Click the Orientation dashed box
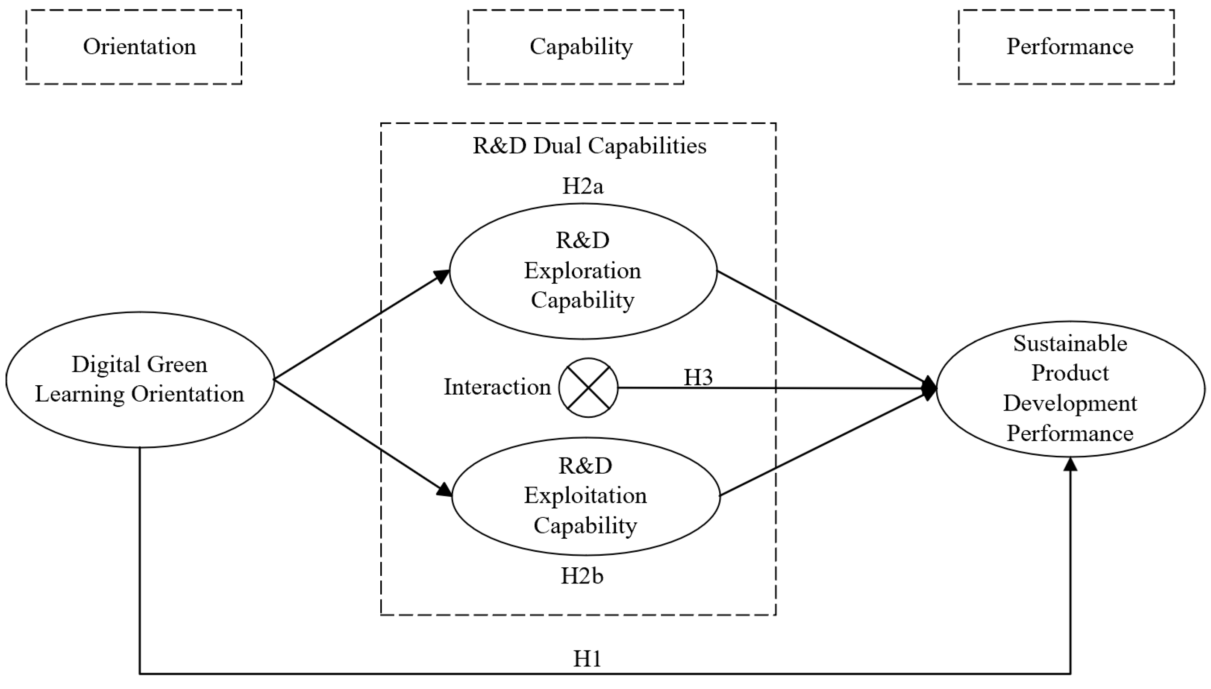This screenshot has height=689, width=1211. pyautogui.click(x=134, y=47)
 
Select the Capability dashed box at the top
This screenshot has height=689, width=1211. pyautogui.click(x=576, y=47)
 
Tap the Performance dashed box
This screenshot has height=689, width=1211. pyautogui.click(x=1066, y=47)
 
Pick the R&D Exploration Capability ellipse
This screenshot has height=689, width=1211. pyautogui.click(x=582, y=271)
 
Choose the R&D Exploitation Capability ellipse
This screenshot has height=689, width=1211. pyautogui.click(x=586, y=496)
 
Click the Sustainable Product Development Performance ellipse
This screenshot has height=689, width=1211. pyautogui.click(x=1070, y=389)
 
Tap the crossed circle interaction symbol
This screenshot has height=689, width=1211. pyautogui.click(x=588, y=387)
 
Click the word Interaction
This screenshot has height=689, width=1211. pyautogui.click(x=497, y=387)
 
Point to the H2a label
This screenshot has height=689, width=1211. pyautogui.click(x=582, y=186)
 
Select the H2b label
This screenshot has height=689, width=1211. pyautogui.click(x=582, y=576)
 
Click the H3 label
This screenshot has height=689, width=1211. pyautogui.click(x=698, y=377)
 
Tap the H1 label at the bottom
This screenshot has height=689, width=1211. pyautogui.click(x=587, y=658)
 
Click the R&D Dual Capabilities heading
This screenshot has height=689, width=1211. pyautogui.click(x=589, y=146)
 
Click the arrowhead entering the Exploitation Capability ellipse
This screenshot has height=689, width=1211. pyautogui.click(x=445, y=490)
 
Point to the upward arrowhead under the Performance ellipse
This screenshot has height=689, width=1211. pyautogui.click(x=1070, y=465)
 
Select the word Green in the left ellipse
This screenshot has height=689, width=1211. pyautogui.click(x=177, y=364)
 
